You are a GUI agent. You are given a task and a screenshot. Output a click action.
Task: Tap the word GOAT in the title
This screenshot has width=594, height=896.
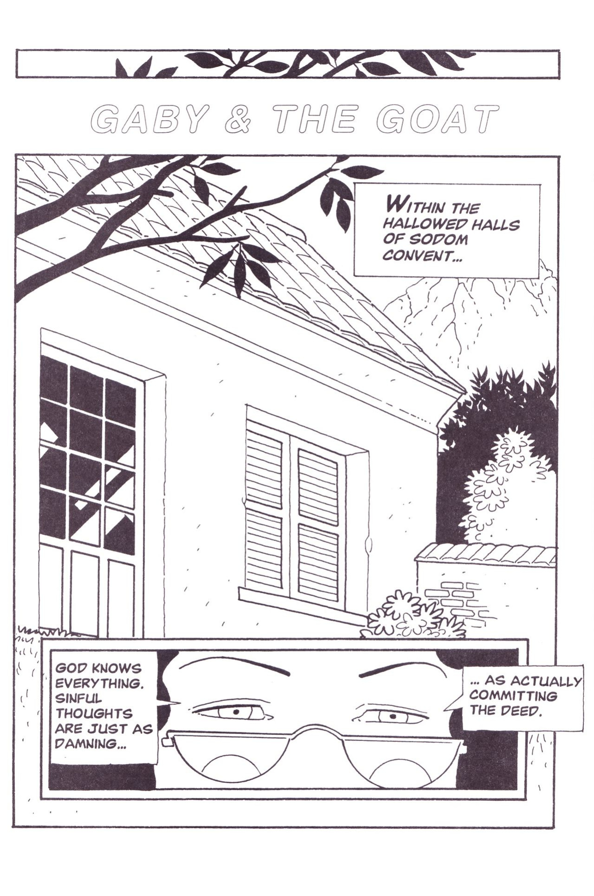(437, 119)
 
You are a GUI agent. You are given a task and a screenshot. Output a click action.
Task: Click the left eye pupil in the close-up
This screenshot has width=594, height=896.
(235, 712)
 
